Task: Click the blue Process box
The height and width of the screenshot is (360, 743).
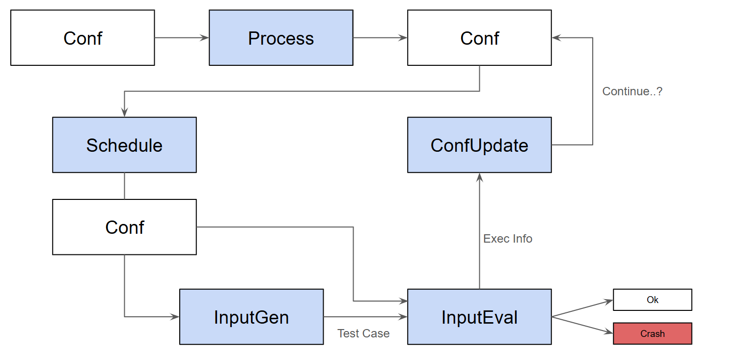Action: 281,38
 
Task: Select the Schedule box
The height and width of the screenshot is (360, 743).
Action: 124,145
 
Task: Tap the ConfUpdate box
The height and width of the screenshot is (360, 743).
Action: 479,145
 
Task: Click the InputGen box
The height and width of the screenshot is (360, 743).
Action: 251,317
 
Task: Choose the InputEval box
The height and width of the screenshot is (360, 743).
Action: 479,317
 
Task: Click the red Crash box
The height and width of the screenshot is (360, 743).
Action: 652,333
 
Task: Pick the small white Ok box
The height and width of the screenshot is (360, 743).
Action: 652,300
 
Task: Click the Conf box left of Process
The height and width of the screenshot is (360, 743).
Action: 83,38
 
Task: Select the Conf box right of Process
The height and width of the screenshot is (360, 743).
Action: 479,38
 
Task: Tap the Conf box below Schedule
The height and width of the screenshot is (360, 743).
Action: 124,227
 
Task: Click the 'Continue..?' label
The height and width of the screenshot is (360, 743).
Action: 632,91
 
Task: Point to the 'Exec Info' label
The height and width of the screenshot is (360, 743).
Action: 508,239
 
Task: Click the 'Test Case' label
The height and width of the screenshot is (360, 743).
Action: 363,333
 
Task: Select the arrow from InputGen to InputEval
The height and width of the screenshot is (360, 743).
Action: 365,317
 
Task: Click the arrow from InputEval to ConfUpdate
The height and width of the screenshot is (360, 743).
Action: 479,231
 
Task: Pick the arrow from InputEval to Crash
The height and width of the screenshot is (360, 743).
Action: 582,325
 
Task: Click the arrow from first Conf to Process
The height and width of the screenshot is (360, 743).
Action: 182,38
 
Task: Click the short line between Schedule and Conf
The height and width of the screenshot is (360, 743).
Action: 124,186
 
